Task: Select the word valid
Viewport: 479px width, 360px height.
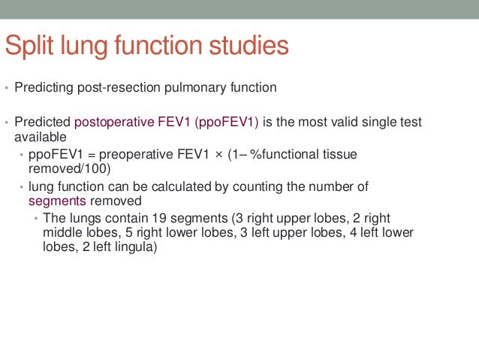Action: [x=330, y=123]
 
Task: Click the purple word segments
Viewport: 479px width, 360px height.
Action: [x=58, y=201]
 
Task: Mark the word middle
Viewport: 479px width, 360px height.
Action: [x=60, y=233]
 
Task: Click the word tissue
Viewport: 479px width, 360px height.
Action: [x=339, y=154]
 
